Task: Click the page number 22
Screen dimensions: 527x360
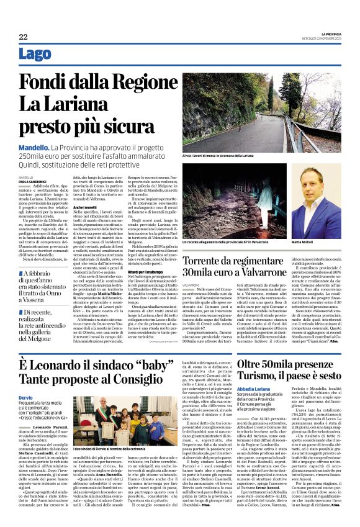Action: pos(24,38)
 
